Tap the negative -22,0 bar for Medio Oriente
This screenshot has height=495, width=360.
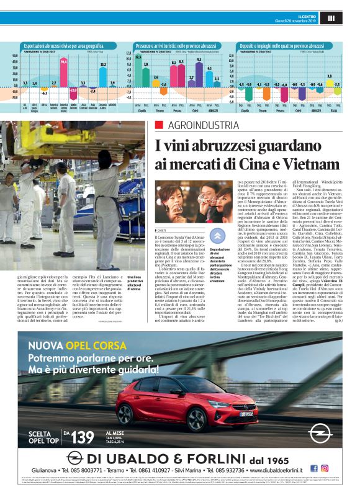point(73,90)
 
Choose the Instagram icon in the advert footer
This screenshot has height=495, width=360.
point(324,468)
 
